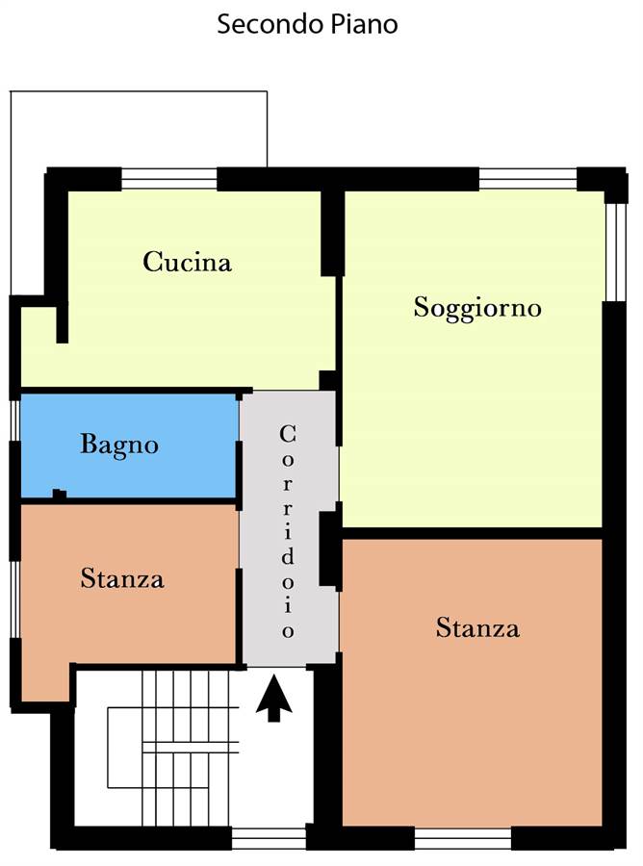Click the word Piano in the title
[x=364, y=24]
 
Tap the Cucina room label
[x=187, y=262]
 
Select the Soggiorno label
[x=477, y=308]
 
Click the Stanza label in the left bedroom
[x=122, y=579]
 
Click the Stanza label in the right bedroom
[x=477, y=628]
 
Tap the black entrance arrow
[x=274, y=699]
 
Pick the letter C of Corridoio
[x=287, y=434]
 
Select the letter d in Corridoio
[x=287, y=556]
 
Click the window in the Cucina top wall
[x=169, y=179]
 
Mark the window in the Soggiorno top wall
[x=527, y=179]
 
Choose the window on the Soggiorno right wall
[x=613, y=252]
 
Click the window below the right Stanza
[x=463, y=838]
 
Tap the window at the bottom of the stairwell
[x=269, y=838]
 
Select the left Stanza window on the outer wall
[x=14, y=599]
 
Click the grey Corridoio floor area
[x=290, y=528]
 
